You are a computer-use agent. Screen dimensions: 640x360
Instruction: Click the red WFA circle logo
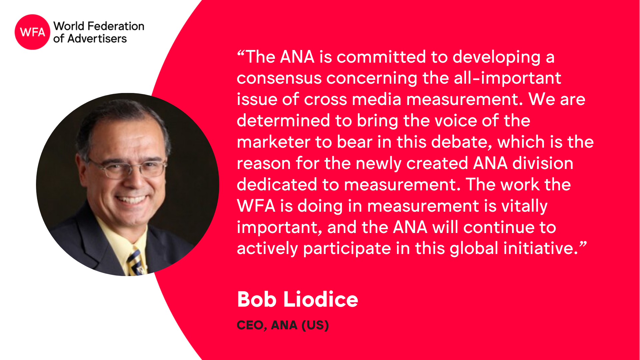(32, 32)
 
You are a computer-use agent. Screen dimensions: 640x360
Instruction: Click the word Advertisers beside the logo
(97, 39)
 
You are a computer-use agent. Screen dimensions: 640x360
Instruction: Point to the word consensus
(279, 79)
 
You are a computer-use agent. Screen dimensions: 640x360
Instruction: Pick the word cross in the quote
(325, 100)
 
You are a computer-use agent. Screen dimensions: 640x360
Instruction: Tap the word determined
(283, 120)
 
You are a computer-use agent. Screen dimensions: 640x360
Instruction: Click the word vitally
(524, 206)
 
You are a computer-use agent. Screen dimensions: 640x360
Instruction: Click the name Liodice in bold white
(321, 299)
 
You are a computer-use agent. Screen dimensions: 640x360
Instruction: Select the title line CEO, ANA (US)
(283, 325)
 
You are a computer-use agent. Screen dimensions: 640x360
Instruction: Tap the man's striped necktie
(136, 262)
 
